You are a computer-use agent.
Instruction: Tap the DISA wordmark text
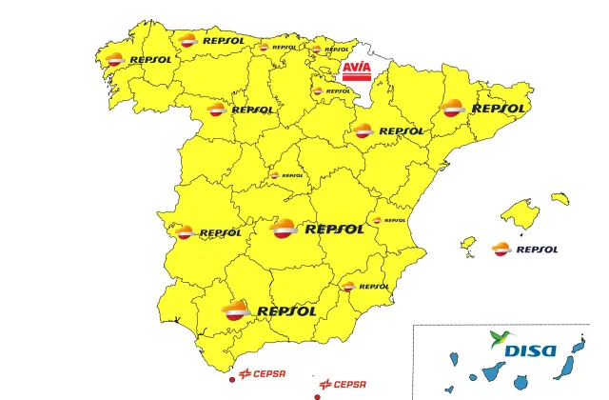pos(529,350)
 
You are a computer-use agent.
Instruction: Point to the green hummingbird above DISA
pos(501,338)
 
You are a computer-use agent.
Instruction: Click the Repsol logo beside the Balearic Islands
pos(524,250)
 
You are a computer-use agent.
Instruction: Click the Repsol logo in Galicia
pos(138,58)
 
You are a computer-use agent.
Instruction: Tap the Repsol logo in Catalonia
pos(484,109)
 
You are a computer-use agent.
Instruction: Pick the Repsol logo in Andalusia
pos(268,310)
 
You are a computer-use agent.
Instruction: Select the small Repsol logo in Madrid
pos(285,175)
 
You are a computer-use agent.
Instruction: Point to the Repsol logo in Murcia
pos(365,286)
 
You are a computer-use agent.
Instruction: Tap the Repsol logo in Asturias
pos(211,41)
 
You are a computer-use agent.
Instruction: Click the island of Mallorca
pos(520,214)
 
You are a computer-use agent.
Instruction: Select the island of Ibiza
pos(468,244)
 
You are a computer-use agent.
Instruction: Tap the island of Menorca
pos(560,198)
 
